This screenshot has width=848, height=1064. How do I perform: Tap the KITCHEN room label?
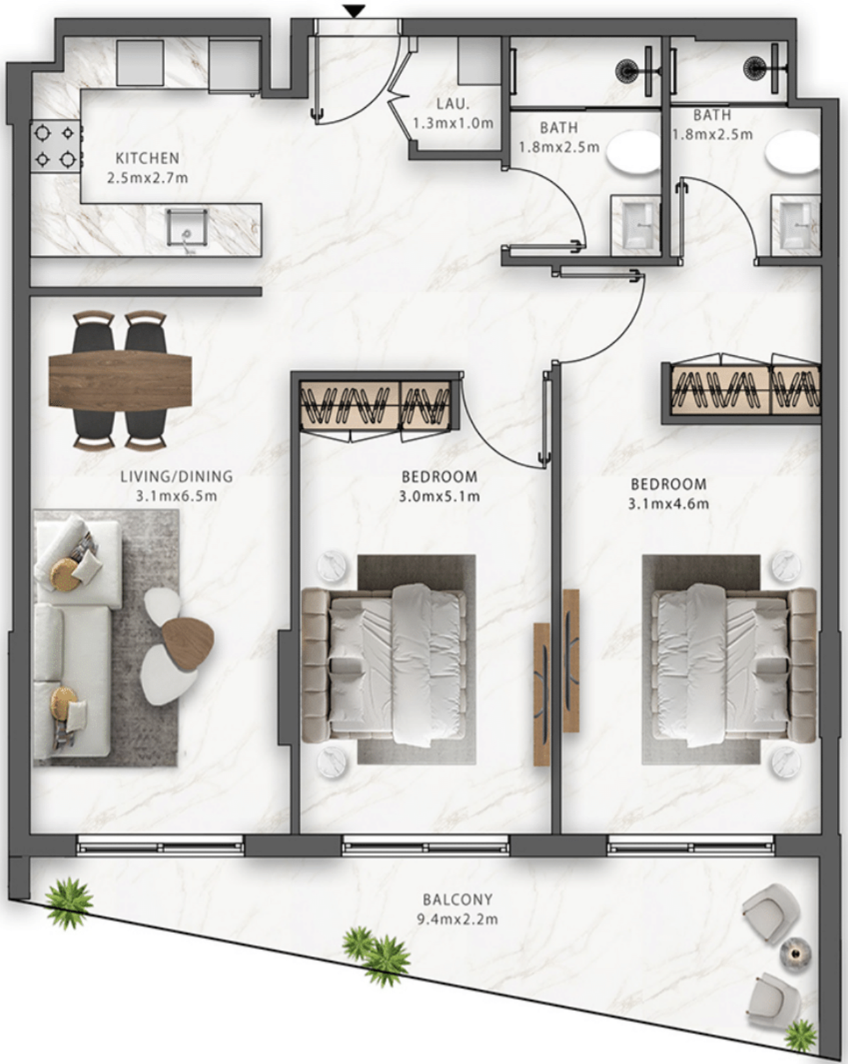[147, 158]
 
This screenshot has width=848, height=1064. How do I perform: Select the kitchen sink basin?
[187, 227]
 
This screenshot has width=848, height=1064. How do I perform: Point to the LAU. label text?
[453, 104]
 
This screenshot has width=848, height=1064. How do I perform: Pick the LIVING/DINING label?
[177, 477]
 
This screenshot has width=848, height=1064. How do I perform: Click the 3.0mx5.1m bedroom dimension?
[440, 496]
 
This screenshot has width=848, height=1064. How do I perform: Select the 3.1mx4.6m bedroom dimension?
[669, 504]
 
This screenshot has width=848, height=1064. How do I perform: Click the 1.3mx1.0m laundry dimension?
[453, 123]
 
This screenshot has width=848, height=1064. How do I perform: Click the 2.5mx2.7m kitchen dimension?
[147, 178]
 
